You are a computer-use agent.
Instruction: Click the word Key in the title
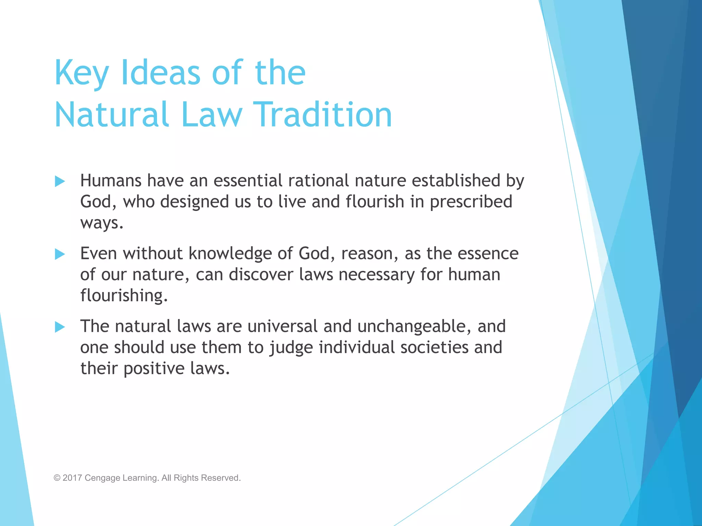(82, 73)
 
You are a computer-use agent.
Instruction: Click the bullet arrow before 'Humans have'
(60, 181)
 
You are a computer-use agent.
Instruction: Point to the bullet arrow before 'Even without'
(60, 254)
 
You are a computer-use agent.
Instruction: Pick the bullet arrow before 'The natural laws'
(60, 327)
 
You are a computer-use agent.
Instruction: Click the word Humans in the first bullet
(111, 180)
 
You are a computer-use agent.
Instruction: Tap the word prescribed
(471, 202)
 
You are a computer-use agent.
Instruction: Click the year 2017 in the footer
(72, 478)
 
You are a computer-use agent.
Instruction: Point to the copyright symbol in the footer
(57, 478)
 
